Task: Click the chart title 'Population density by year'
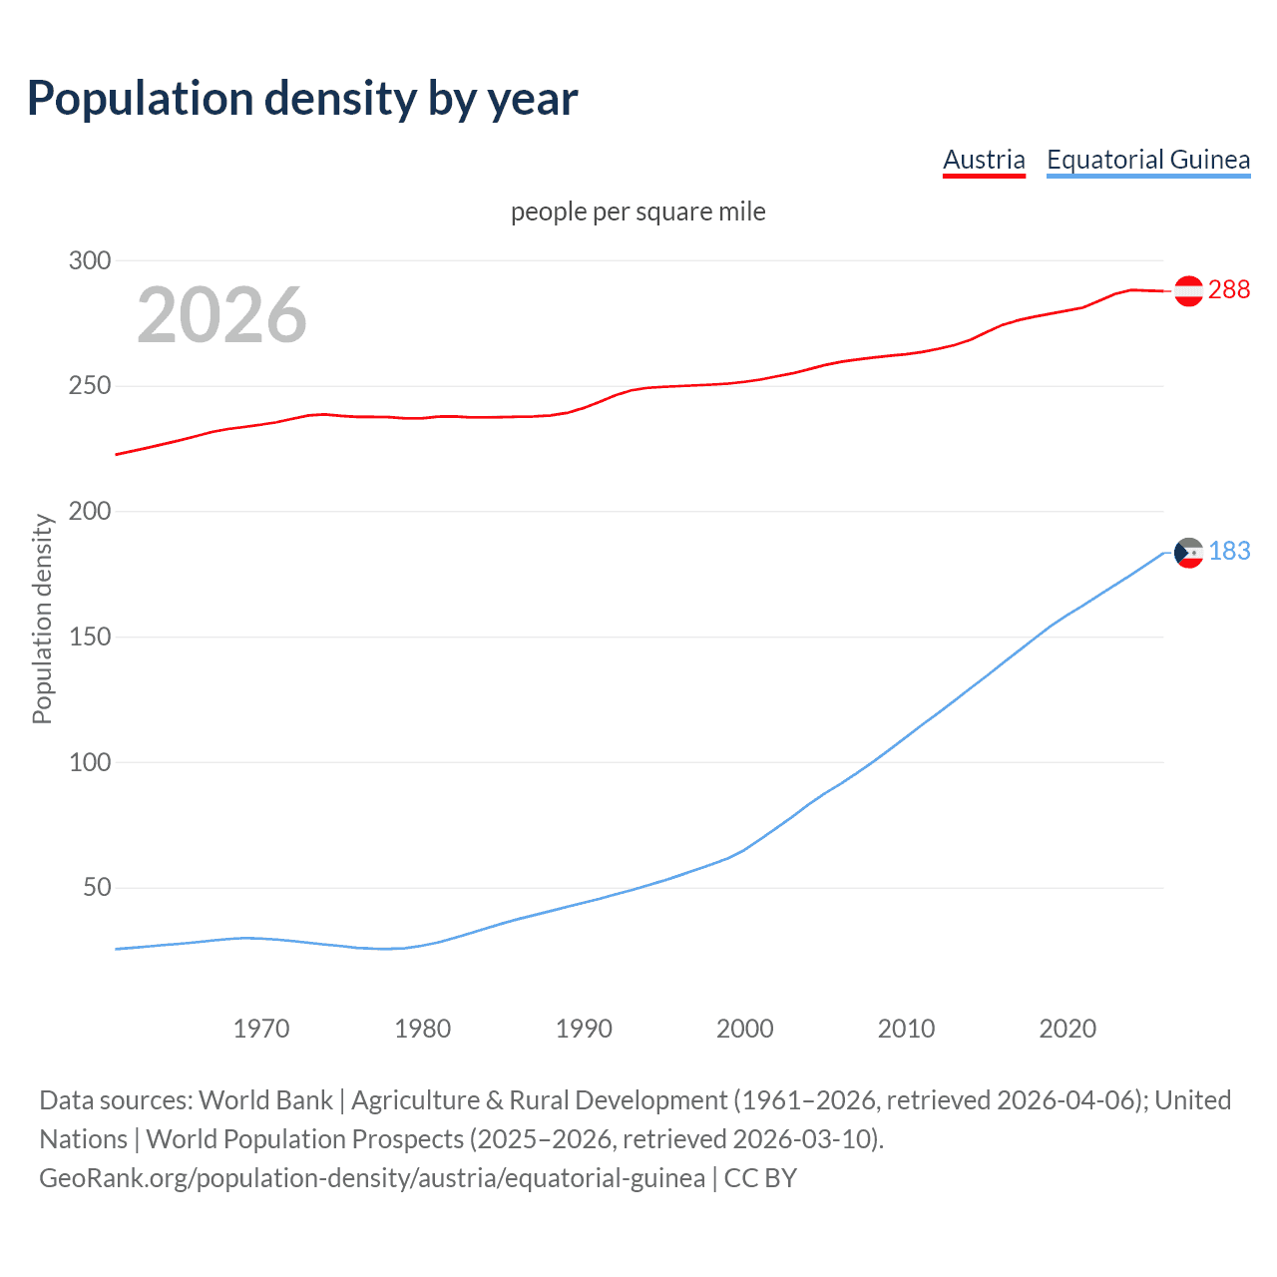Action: (302, 99)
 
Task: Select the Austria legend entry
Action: (984, 160)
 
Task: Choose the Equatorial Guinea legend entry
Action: (1147, 160)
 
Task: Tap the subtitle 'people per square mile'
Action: (638, 212)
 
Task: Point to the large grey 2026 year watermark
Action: (221, 315)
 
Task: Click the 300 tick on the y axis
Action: (89, 260)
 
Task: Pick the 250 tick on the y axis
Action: (89, 386)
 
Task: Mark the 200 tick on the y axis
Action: (89, 512)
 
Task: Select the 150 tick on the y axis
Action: (89, 637)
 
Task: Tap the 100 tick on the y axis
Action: (89, 762)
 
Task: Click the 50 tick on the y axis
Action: (96, 888)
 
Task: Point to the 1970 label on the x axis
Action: (261, 1029)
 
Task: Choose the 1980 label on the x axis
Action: (422, 1029)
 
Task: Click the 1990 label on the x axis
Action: (584, 1029)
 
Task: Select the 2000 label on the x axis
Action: (744, 1029)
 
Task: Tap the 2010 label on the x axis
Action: (906, 1029)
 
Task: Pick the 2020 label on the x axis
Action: (1067, 1029)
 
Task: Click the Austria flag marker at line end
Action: (1188, 290)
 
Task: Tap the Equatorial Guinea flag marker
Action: (1188, 553)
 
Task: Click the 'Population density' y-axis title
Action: (42, 619)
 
